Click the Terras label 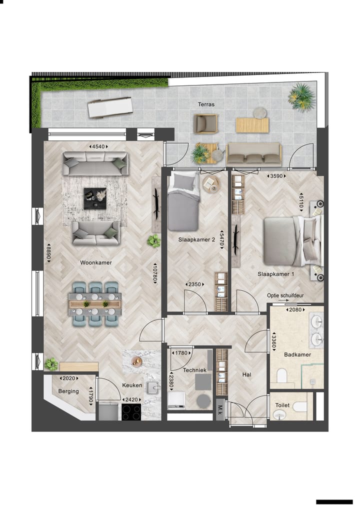[x=206, y=104]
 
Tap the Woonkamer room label [x=95, y=262]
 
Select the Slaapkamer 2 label [x=196, y=240]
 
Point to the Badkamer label [x=297, y=354]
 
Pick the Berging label [x=68, y=391]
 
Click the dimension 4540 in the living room [x=98, y=146]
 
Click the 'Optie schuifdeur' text [x=285, y=295]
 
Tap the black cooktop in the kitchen [x=131, y=411]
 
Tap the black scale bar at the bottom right [x=334, y=501]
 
